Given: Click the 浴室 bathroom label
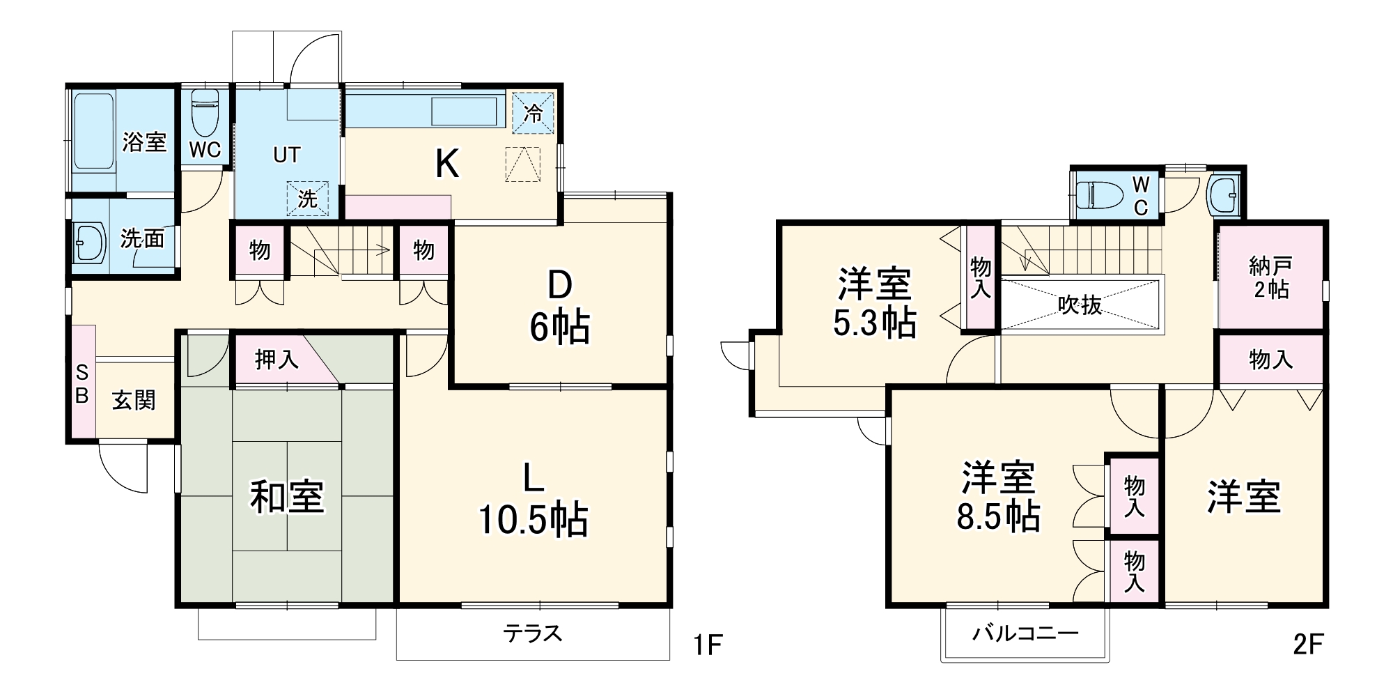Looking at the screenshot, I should (x=144, y=142).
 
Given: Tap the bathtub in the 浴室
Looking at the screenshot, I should (x=93, y=132).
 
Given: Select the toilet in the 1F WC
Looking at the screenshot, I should (x=205, y=114).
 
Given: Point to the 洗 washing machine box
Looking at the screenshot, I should (x=307, y=199).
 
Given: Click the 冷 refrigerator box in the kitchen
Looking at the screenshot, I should (x=533, y=113).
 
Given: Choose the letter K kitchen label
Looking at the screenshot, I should (x=447, y=165).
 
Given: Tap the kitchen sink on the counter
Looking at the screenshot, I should (x=464, y=112).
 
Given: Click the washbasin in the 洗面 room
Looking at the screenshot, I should (x=88, y=243).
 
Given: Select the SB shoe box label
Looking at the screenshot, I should (x=81, y=384).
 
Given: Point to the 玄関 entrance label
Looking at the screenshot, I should (x=134, y=401).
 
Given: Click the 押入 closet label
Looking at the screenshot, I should (x=277, y=360).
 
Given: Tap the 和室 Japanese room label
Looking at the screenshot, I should (x=287, y=497).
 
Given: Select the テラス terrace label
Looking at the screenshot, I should (x=533, y=633).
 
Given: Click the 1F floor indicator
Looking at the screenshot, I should (x=707, y=645).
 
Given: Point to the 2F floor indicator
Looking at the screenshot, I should (x=1307, y=645).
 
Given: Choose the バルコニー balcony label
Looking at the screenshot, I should (x=1025, y=633).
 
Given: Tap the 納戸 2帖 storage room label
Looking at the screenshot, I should (x=1270, y=277).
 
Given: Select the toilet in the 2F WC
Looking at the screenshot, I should (x=1099, y=195).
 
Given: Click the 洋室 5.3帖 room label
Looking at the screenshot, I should (x=874, y=303).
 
